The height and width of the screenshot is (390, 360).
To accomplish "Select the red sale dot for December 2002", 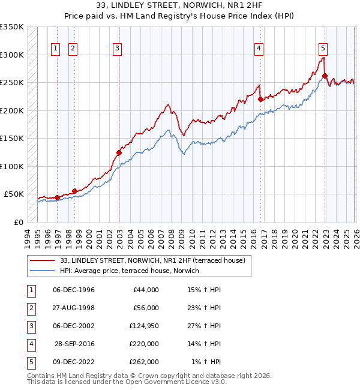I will pyautogui.click(x=119, y=152).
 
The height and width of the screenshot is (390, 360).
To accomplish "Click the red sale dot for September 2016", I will pyautogui.click(x=260, y=100).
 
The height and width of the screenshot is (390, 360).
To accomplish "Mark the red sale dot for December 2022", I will pyautogui.click(x=325, y=76).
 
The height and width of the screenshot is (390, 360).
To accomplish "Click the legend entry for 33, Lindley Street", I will pyautogui.click(x=152, y=260).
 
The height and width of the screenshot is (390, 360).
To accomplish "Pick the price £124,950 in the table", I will pyautogui.click(x=144, y=326).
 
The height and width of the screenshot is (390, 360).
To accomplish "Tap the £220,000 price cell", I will pyautogui.click(x=144, y=344).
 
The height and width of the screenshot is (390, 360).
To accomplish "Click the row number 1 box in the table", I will pyautogui.click(x=29, y=290).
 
